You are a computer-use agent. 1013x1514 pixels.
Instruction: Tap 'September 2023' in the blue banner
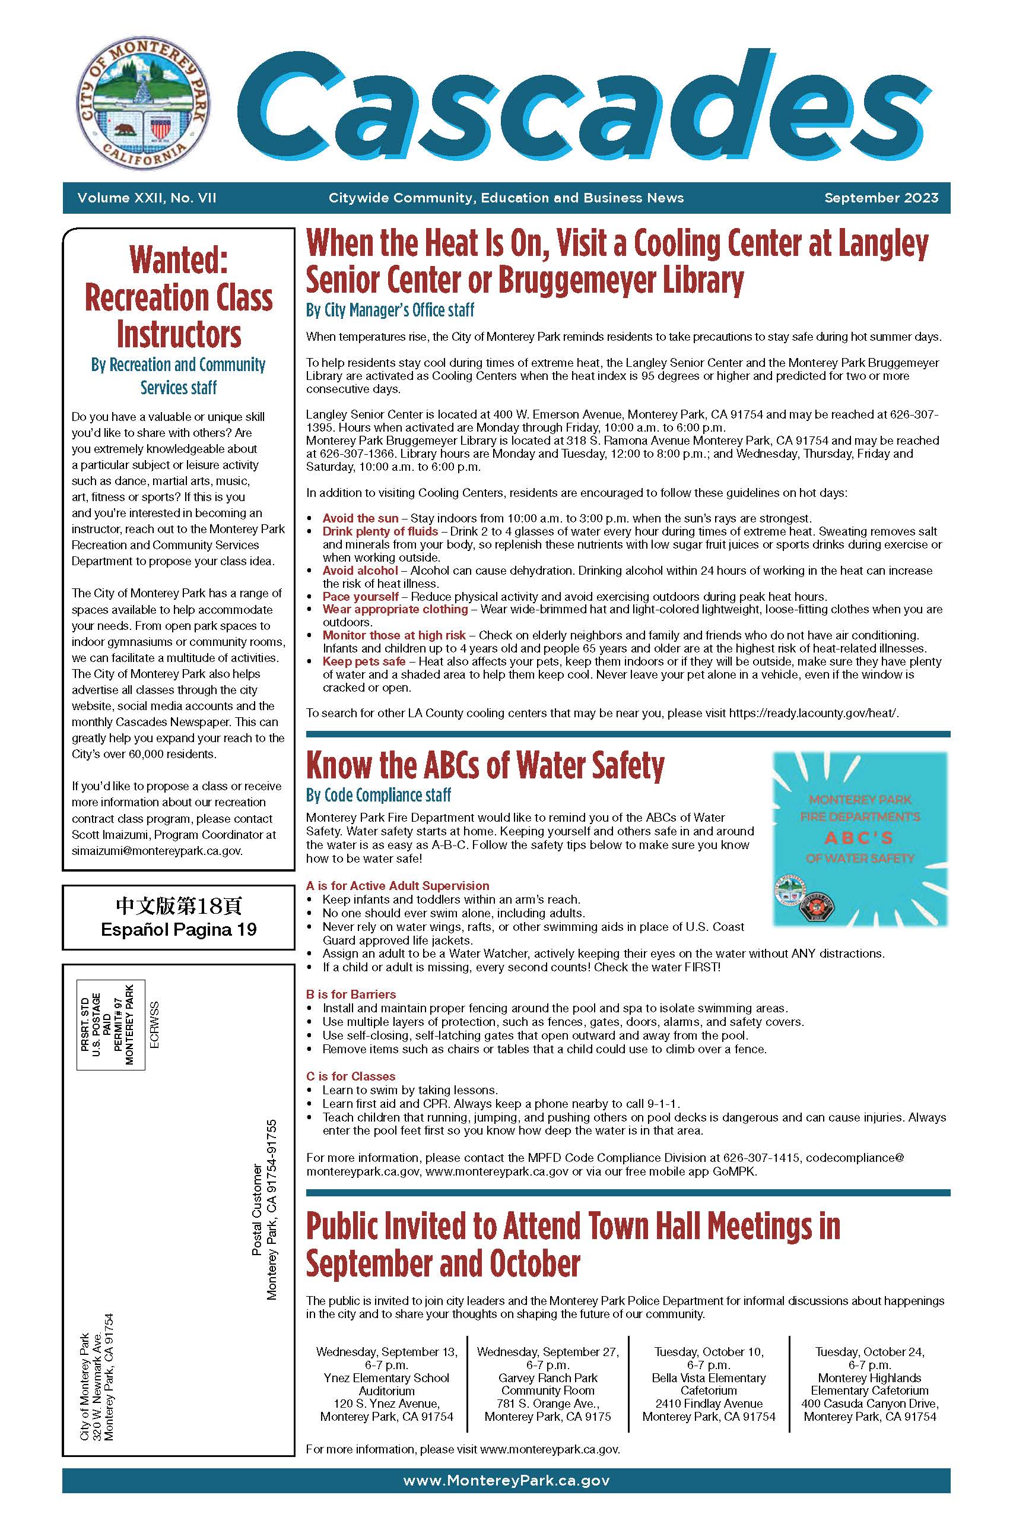tap(881, 198)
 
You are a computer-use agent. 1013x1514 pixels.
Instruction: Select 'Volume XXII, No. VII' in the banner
tap(147, 198)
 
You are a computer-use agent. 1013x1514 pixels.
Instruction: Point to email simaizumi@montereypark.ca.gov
tap(157, 850)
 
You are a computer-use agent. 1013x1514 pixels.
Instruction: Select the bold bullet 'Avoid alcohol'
tap(360, 571)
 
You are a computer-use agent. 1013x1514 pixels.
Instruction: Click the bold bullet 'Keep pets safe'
tap(364, 661)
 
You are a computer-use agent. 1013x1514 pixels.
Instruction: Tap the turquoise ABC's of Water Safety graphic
tap(860, 838)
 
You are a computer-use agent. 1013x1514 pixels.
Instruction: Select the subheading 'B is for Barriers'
tap(351, 994)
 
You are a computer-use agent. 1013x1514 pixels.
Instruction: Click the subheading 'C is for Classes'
tap(350, 1076)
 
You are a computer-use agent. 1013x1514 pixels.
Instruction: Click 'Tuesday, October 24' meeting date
tap(869, 1352)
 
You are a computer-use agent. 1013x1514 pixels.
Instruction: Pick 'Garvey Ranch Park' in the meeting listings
tap(547, 1377)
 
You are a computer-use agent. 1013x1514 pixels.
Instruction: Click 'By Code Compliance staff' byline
tap(378, 795)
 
